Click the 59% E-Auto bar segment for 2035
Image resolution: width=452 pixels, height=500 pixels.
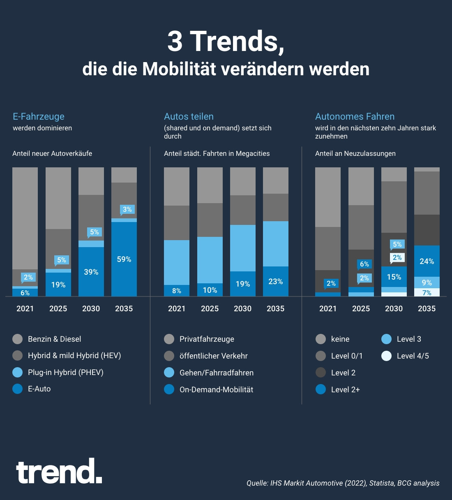[124, 259]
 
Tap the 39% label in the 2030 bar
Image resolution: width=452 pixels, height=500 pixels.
[91, 272]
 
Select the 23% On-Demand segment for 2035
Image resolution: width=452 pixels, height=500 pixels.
[275, 282]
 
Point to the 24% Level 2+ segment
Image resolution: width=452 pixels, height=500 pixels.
[427, 261]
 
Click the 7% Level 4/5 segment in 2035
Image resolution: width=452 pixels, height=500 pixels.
[427, 293]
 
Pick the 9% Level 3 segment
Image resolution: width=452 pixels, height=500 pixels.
[427, 282]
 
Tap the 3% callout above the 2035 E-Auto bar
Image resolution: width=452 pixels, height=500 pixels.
[127, 209]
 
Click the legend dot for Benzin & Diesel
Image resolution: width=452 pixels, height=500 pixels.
[18, 339]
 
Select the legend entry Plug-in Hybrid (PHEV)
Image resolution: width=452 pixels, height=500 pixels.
[65, 373]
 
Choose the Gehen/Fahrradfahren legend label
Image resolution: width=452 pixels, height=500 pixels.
[216, 373]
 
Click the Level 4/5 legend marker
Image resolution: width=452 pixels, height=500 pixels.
[386, 356]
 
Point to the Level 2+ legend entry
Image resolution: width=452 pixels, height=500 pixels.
[345, 390]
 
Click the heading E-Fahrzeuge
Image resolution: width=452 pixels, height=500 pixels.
[39, 117]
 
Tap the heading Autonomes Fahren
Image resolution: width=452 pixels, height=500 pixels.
[355, 117]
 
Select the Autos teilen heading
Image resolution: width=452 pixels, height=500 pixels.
[189, 117]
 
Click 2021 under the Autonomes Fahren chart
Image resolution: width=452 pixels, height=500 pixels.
[328, 309]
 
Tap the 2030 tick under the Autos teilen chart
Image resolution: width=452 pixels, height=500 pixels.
[242, 309]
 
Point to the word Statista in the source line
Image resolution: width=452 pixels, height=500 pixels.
[381, 483]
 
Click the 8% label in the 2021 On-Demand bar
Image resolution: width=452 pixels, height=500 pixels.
[177, 291]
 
